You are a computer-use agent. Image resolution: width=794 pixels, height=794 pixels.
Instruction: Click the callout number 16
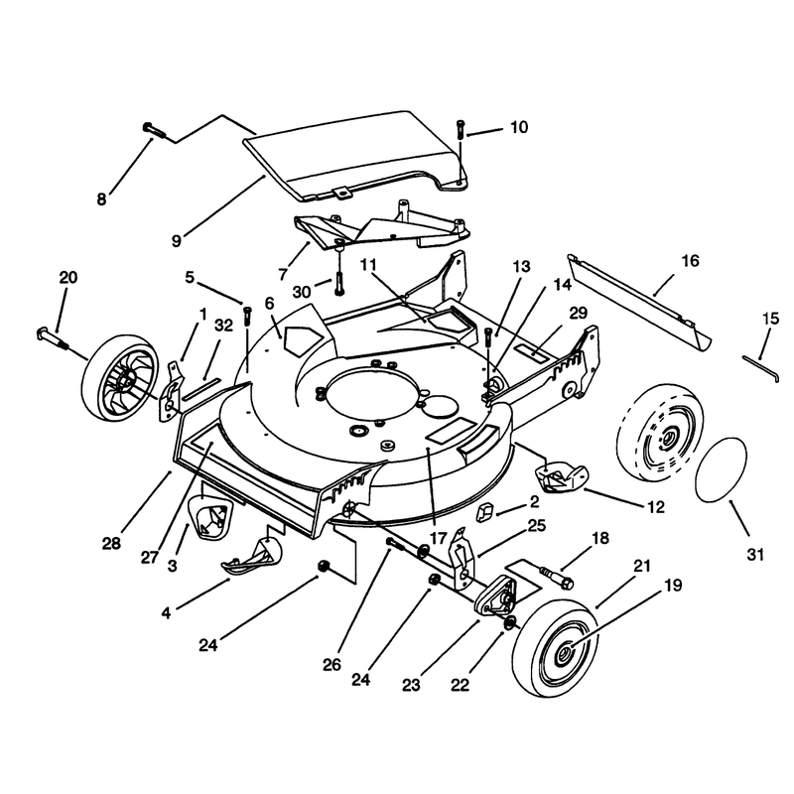pos(690,261)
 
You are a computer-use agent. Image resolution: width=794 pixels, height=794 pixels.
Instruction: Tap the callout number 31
pos(755,555)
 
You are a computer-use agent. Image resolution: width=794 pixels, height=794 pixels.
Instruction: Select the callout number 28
pos(111,544)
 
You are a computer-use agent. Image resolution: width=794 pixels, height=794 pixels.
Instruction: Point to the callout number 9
pos(177,240)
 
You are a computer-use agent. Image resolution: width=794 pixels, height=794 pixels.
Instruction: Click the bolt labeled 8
pos(155,129)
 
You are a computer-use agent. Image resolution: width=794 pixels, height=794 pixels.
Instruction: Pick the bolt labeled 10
pos(461,129)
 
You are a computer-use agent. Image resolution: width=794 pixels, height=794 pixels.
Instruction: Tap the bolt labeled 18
pos(557,578)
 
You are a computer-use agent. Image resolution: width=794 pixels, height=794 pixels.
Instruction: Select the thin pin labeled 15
pos(760,367)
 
